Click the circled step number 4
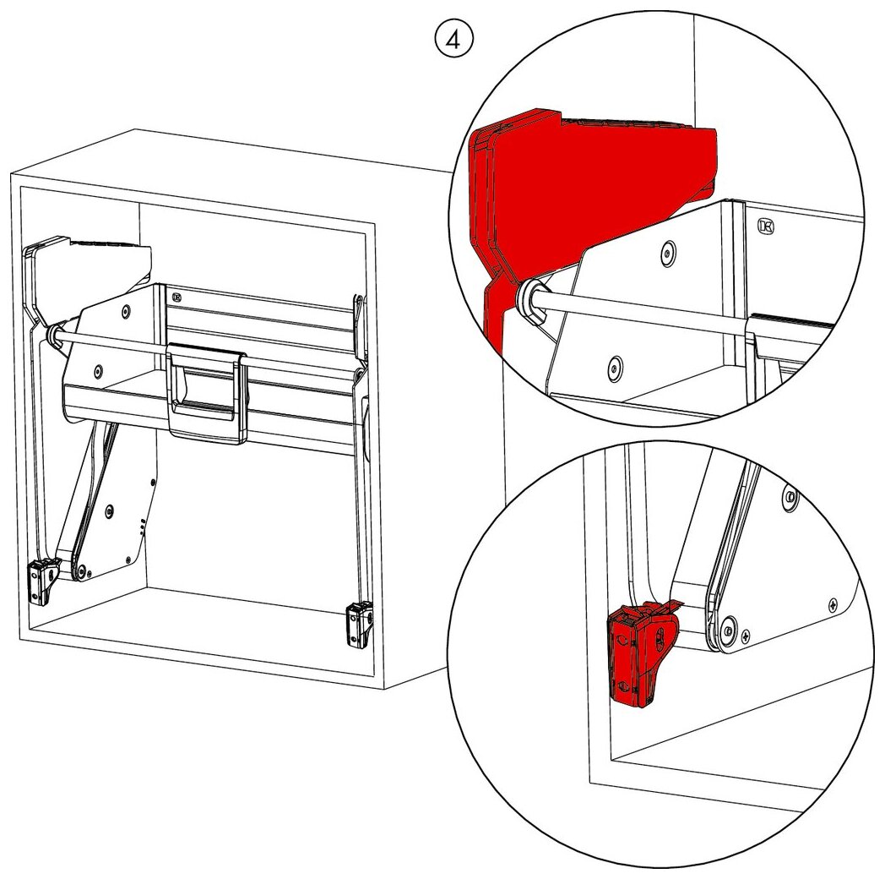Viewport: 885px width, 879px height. [453, 40]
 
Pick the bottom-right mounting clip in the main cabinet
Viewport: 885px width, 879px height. [360, 625]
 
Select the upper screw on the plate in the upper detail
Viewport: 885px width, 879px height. [668, 253]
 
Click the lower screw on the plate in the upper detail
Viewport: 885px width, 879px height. [616, 369]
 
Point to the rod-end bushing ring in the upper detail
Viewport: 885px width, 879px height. [531, 298]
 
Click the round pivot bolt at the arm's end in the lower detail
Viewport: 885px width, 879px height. [728, 629]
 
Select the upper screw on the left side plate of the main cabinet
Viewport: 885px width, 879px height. [126, 311]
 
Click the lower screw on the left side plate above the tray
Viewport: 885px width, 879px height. [98, 371]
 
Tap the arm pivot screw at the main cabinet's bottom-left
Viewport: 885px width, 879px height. [82, 571]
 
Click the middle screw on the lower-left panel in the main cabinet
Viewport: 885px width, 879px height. [108, 511]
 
